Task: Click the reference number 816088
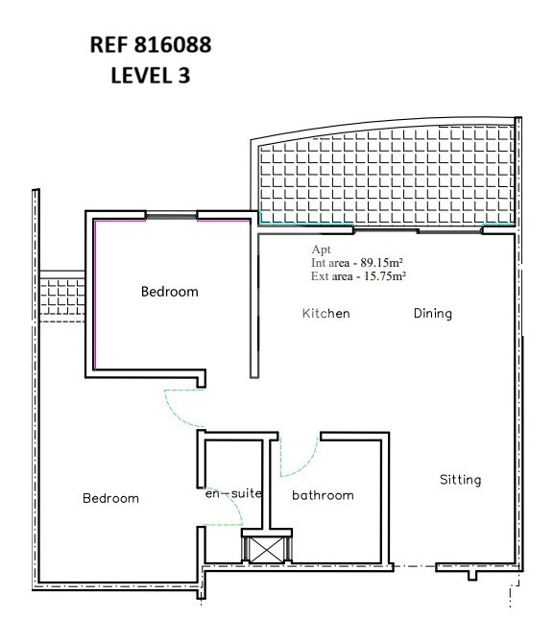173,45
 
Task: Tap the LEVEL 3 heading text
151,76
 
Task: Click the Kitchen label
326,314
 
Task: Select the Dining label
433,314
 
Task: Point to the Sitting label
461,480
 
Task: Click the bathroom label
323,495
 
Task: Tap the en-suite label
233,493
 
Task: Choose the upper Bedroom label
170,292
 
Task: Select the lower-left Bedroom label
110,498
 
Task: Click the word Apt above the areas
321,250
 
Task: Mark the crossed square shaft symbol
267,550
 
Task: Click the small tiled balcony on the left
62,297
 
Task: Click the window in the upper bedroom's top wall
171,215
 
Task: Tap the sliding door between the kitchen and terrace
418,230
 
